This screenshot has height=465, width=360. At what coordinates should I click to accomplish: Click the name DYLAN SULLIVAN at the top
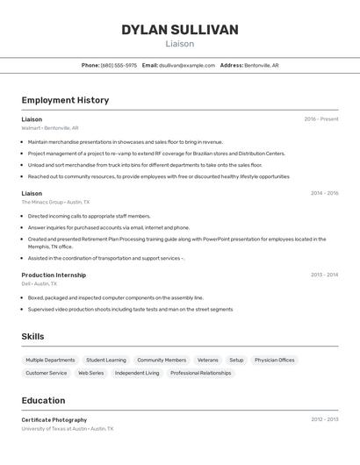(179, 30)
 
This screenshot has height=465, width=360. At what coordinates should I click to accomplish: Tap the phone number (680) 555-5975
(119, 65)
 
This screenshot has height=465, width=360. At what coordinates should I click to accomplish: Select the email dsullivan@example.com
(186, 65)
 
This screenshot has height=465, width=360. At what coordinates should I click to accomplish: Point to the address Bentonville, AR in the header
(261, 65)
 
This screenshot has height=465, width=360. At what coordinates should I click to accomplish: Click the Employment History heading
(65, 100)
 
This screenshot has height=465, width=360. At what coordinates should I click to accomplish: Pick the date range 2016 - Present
(320, 119)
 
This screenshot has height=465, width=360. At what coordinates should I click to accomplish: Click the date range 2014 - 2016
(324, 193)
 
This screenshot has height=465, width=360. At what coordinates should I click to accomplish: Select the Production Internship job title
(54, 275)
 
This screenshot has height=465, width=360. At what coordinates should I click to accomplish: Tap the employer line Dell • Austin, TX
(40, 284)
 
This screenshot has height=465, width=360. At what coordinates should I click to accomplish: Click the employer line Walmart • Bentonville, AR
(50, 128)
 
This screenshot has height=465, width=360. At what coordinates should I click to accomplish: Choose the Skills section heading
(33, 336)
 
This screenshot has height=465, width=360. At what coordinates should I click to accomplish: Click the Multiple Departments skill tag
(50, 360)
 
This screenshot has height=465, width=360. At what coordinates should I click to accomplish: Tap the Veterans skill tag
(207, 360)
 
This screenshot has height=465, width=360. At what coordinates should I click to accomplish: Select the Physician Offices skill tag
(274, 360)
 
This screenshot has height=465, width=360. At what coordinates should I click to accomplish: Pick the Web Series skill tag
(90, 373)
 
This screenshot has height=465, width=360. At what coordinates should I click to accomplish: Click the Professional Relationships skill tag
(200, 373)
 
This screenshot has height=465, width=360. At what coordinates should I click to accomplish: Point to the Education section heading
(43, 399)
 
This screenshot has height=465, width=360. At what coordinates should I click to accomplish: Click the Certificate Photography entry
(54, 419)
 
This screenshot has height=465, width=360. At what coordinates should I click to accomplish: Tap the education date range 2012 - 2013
(324, 419)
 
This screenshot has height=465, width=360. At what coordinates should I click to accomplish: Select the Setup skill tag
(236, 360)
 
